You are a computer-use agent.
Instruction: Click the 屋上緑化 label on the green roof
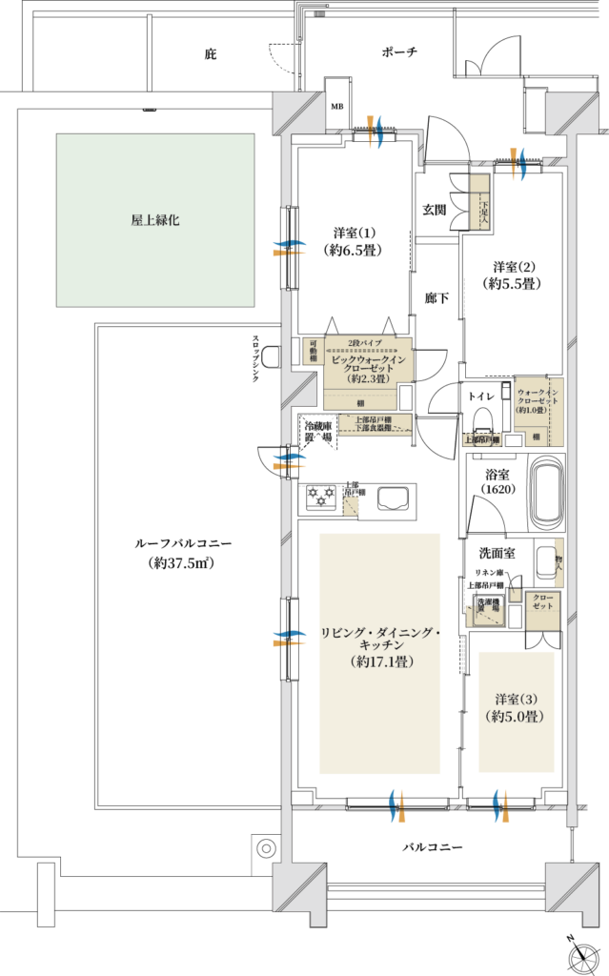[155, 220]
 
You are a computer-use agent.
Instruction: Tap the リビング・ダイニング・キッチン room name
[380, 639]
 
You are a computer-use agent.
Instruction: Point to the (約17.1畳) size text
[380, 661]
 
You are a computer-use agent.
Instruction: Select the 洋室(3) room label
[516, 699]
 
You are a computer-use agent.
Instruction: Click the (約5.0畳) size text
[516, 717]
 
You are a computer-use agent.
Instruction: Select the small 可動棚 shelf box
[313, 350]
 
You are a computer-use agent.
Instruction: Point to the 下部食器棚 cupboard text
[375, 429]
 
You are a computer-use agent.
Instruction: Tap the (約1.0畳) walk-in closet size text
[535, 410]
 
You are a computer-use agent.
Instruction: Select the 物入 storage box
[559, 562]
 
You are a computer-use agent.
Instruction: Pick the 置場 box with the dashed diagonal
[484, 615]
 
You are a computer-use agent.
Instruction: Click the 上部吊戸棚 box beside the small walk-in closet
[482, 439]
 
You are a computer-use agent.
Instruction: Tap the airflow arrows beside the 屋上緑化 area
[289, 248]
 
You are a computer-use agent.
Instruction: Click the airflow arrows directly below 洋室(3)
[500, 805]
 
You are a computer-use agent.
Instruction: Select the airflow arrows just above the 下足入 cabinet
[518, 163]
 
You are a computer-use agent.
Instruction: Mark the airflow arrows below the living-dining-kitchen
[397, 805]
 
